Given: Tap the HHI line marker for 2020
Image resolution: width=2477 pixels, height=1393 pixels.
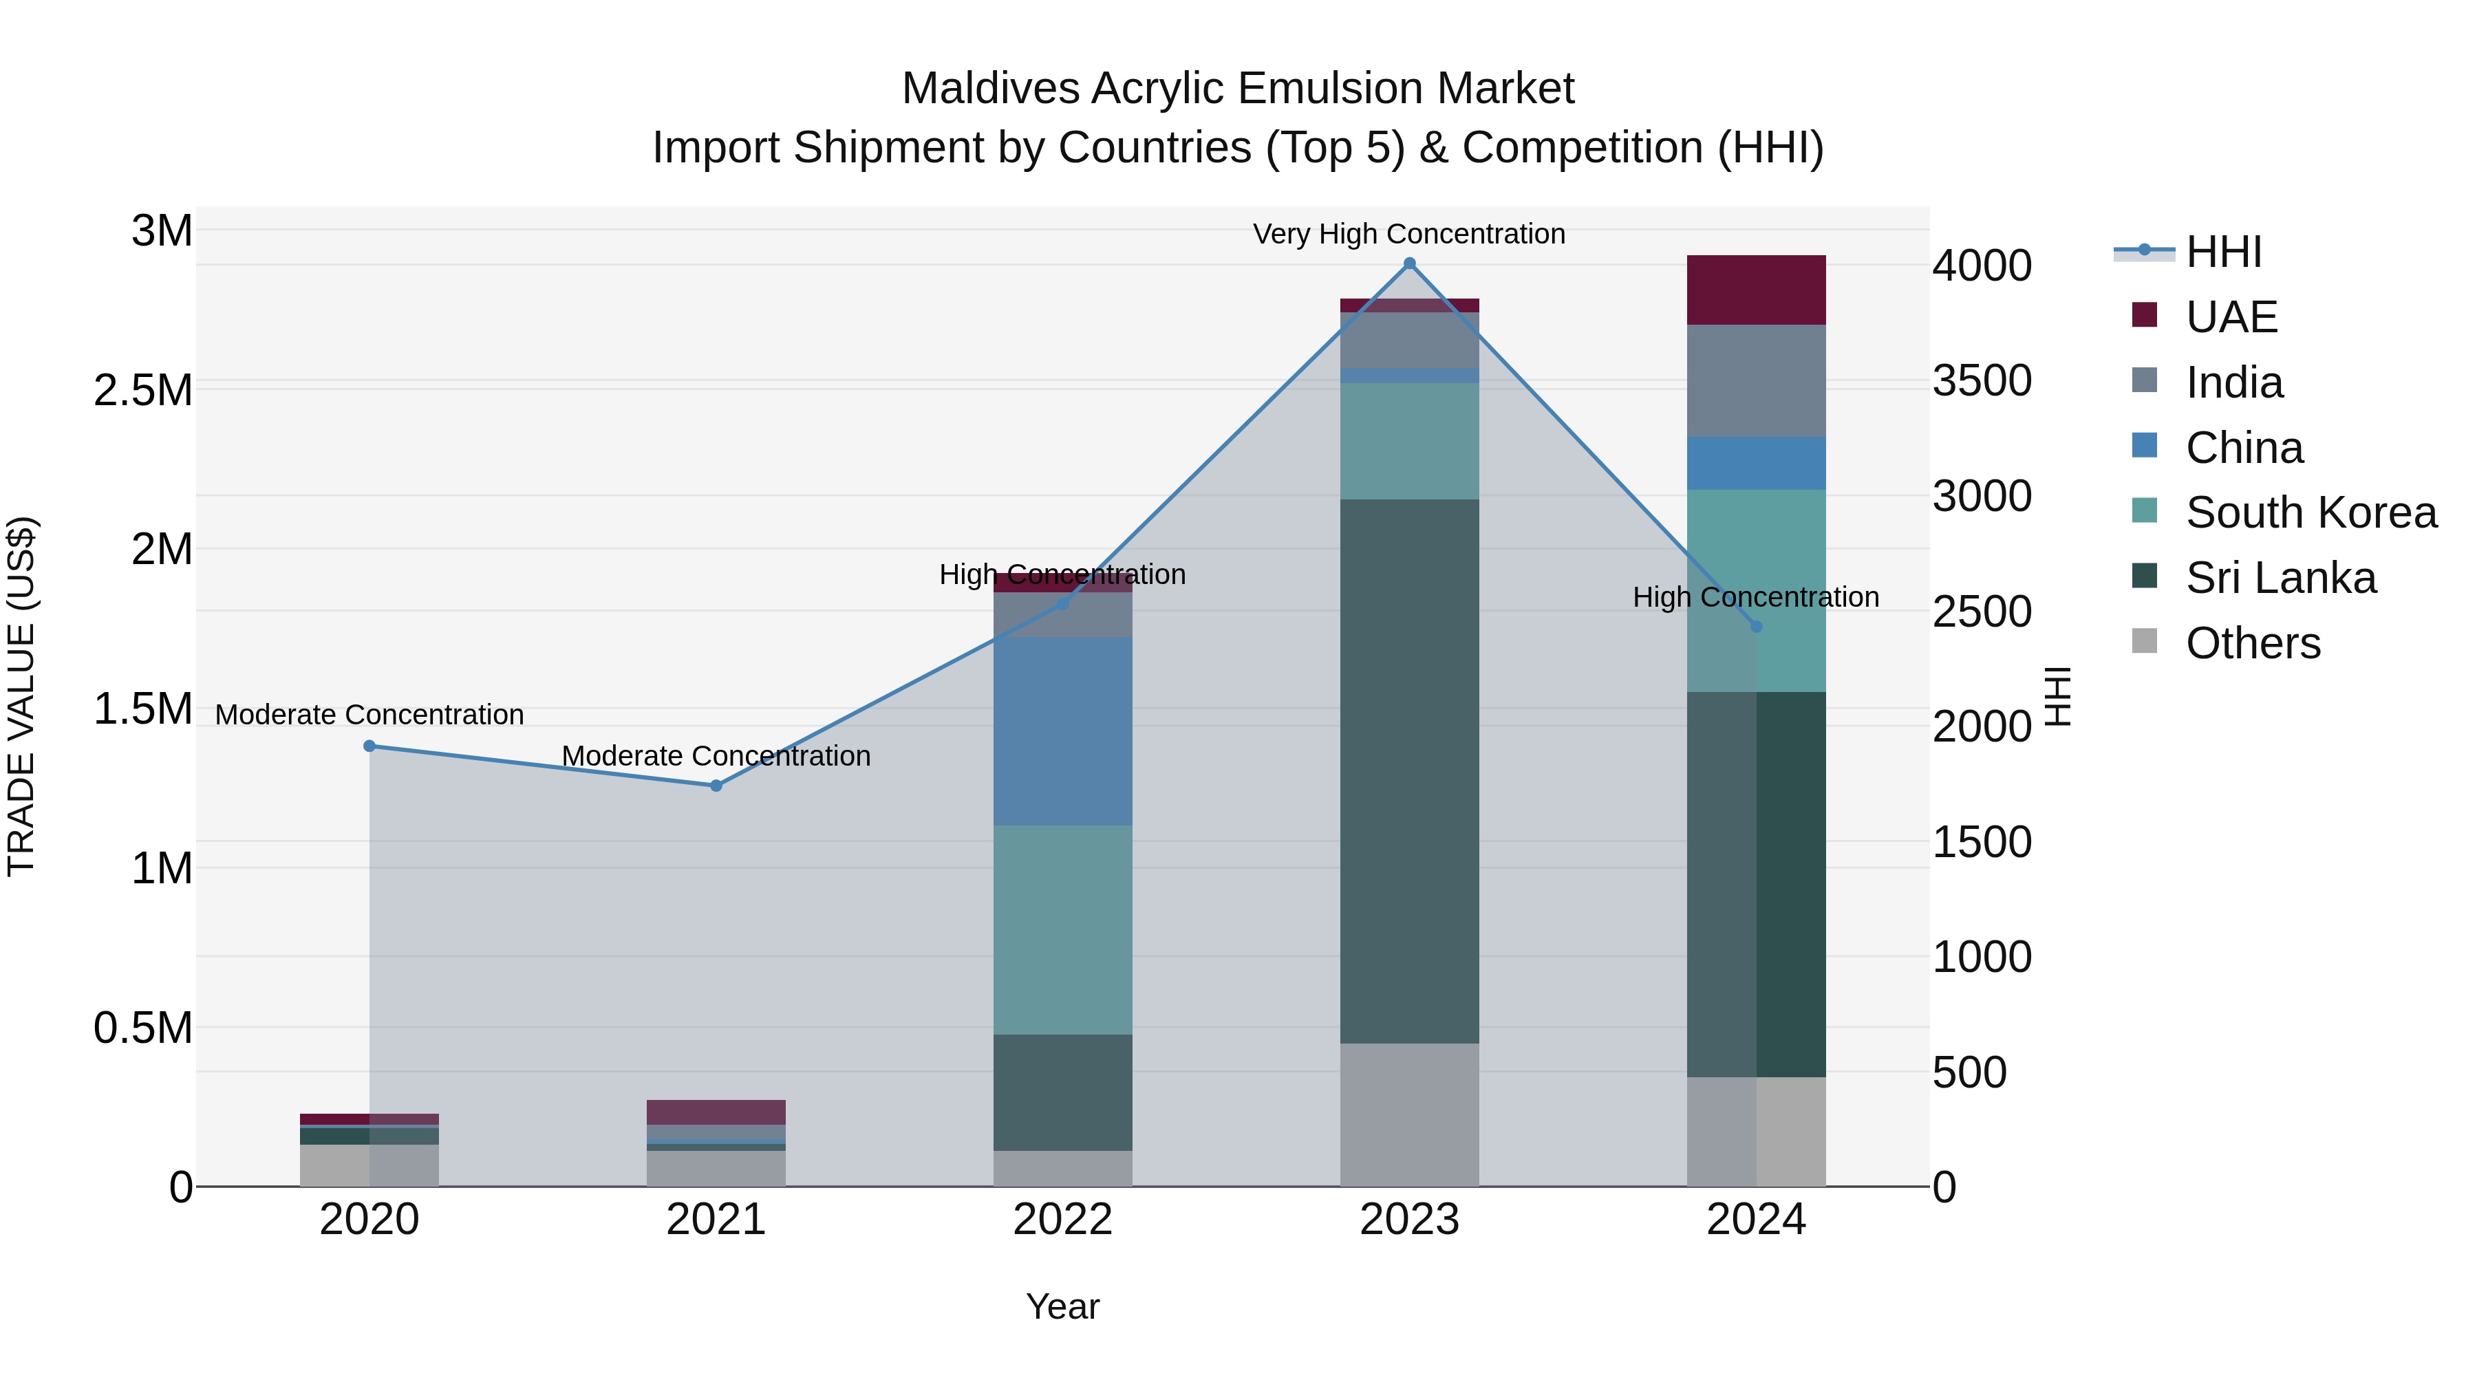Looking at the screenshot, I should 369,746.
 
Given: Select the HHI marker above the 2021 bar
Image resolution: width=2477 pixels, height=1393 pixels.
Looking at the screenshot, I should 716,786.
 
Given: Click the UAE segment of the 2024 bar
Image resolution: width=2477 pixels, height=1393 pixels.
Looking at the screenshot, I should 1756,290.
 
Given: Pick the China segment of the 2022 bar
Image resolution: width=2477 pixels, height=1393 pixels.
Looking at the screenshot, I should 1062,731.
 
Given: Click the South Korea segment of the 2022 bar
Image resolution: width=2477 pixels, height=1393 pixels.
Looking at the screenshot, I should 1062,929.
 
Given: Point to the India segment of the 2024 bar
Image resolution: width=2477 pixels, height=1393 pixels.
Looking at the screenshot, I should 1756,380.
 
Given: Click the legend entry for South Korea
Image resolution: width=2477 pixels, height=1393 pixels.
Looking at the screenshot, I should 2310,512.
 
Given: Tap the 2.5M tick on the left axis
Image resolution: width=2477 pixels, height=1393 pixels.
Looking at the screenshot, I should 143,390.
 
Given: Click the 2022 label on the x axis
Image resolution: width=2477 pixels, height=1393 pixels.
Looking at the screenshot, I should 1062,1220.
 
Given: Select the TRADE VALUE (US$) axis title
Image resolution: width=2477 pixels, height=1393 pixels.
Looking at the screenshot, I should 21,696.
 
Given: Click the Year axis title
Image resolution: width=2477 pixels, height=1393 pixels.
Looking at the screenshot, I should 1062,1306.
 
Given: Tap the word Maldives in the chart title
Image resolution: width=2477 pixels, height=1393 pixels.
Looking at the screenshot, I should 990,89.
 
